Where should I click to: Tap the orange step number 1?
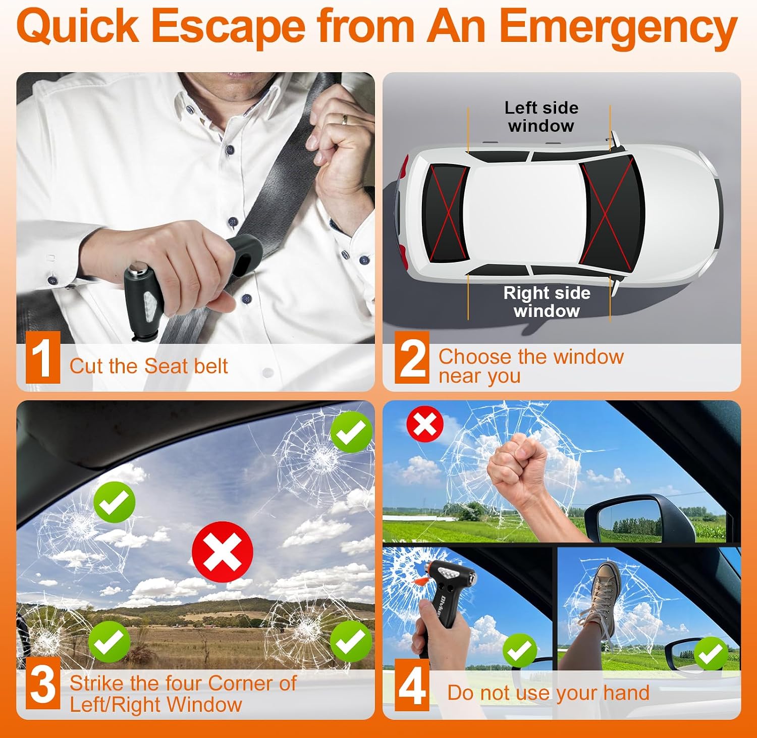(42, 357)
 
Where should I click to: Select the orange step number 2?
(412, 357)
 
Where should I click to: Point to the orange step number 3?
(42, 684)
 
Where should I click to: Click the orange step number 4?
(412, 686)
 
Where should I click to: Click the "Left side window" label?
(542, 117)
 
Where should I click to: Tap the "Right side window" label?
(547, 302)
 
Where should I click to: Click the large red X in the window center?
(223, 552)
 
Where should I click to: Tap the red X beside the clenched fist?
(425, 424)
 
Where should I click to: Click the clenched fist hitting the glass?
(517, 467)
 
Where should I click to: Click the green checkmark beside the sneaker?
(711, 654)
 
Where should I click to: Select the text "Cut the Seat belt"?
(149, 366)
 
